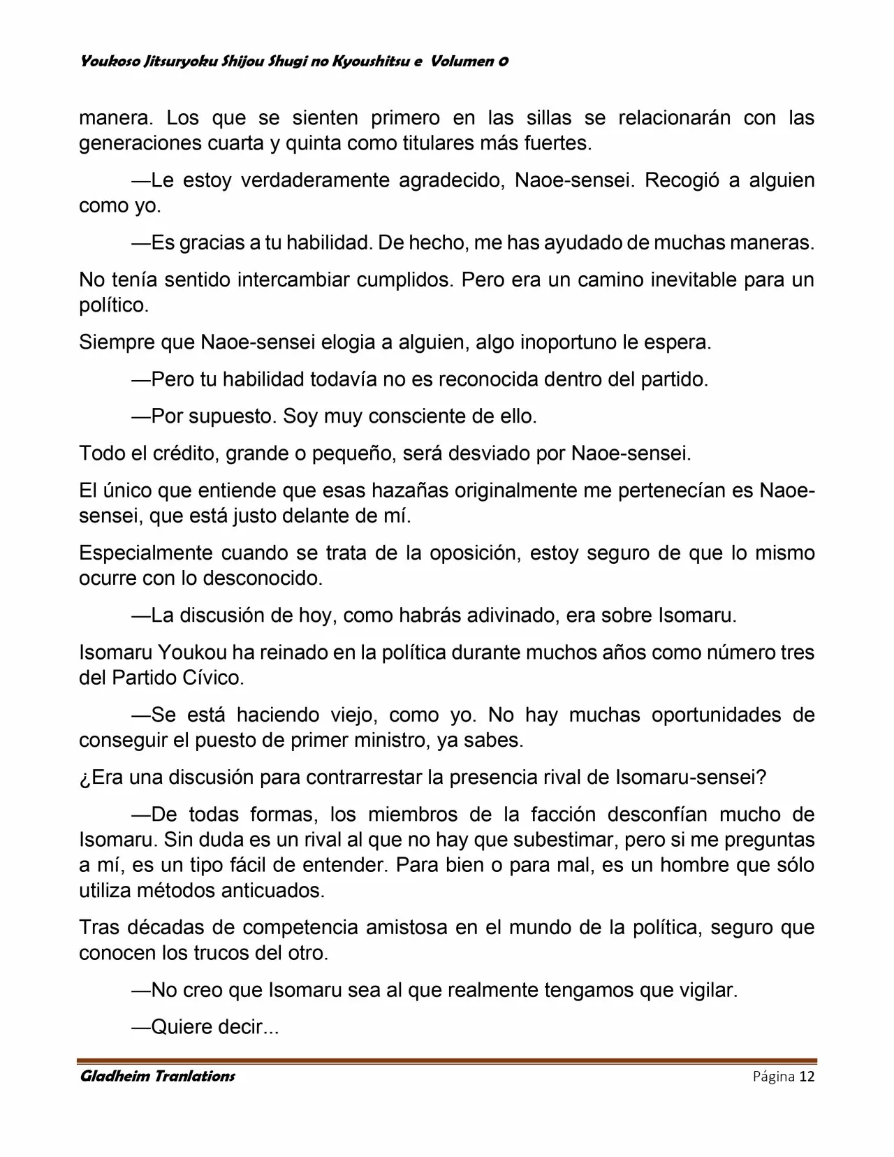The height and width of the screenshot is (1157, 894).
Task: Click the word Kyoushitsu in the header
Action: click(x=371, y=61)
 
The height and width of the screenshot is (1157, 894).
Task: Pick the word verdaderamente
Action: click(x=316, y=180)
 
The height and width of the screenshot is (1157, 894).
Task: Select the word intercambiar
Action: click(x=293, y=280)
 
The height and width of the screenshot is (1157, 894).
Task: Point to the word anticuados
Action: click(x=281, y=890)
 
